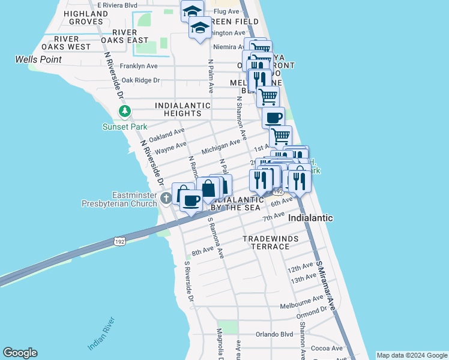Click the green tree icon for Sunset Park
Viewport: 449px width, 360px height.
point(125,111)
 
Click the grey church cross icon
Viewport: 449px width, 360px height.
point(166,198)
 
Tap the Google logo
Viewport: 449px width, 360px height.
point(20,353)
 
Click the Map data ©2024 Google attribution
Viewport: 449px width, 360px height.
point(411,355)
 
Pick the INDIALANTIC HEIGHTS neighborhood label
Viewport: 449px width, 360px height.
point(182,109)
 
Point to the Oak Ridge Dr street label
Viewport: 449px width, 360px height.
point(140,80)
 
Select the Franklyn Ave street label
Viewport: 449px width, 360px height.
point(139,66)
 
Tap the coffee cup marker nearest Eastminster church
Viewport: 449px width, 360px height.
point(191,201)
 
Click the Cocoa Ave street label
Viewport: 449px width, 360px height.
point(327,349)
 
